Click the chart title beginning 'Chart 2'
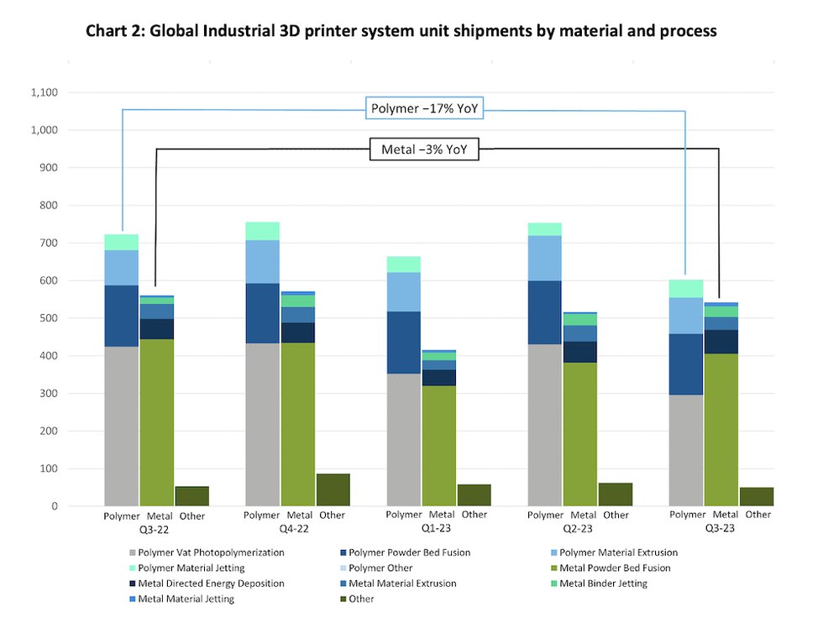401,31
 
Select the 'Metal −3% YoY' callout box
424,150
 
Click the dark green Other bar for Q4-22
333,489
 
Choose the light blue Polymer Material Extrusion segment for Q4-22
263,261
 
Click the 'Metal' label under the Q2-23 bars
582,515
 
